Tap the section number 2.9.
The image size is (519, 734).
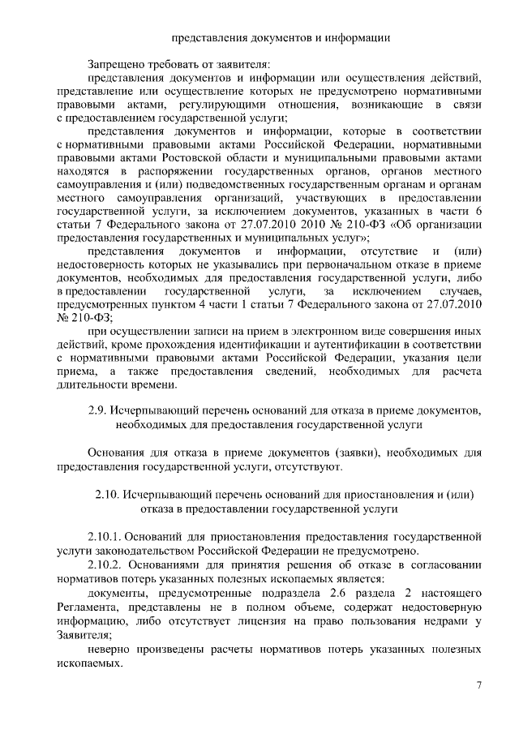(x=98, y=409)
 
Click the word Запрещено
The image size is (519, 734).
(x=116, y=63)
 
